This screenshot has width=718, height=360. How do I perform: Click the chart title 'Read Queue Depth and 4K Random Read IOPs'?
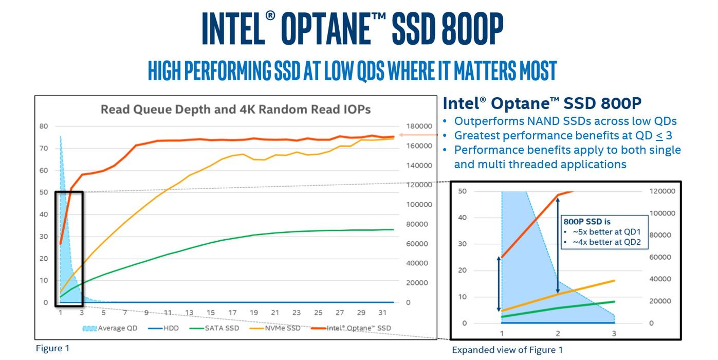click(235, 110)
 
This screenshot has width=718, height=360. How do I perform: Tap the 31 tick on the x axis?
click(382, 313)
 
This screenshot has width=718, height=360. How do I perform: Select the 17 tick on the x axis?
click(232, 313)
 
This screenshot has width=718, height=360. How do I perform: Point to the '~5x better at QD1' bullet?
click(604, 232)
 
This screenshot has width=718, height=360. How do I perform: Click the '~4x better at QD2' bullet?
click(604, 242)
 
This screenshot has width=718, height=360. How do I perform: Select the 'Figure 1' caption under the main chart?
click(52, 348)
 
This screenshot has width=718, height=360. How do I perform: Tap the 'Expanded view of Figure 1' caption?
click(507, 350)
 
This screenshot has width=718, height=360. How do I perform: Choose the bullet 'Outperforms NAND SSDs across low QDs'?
click(565, 121)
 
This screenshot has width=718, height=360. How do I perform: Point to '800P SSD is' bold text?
click(587, 222)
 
